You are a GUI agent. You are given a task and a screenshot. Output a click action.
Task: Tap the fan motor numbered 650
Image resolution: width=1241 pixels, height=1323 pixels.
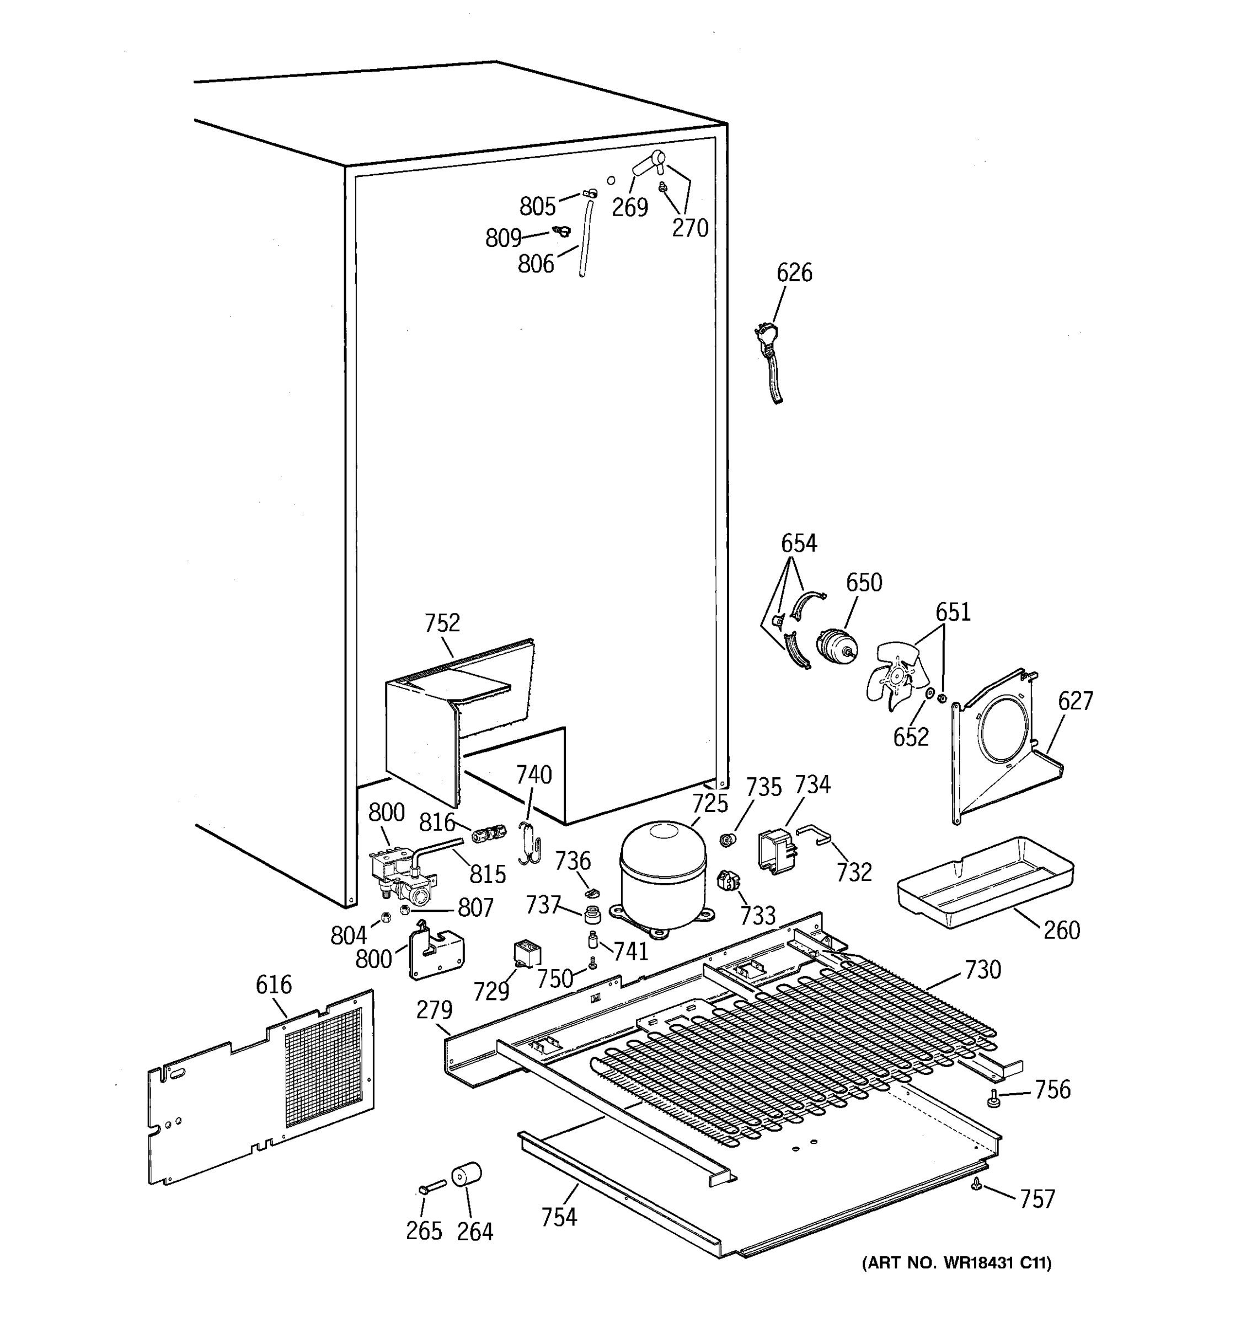(x=836, y=648)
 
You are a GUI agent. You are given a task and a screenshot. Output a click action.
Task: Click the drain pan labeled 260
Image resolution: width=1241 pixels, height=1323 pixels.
(x=985, y=883)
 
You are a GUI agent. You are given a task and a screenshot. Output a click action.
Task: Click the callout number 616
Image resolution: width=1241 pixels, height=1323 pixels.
(x=274, y=985)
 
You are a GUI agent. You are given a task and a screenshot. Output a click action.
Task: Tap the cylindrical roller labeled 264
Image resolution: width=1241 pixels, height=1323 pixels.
(x=466, y=1175)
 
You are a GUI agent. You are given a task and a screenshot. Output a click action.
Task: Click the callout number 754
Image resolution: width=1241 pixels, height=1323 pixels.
(x=558, y=1217)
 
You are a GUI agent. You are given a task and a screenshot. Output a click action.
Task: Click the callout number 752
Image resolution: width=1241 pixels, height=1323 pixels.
(x=442, y=623)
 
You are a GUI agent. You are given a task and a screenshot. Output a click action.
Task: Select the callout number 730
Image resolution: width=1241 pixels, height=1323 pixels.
(x=983, y=970)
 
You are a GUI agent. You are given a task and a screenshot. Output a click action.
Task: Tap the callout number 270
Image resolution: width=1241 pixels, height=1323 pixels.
(x=691, y=228)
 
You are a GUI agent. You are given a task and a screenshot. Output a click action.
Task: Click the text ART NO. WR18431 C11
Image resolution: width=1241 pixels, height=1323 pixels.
(x=957, y=1263)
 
